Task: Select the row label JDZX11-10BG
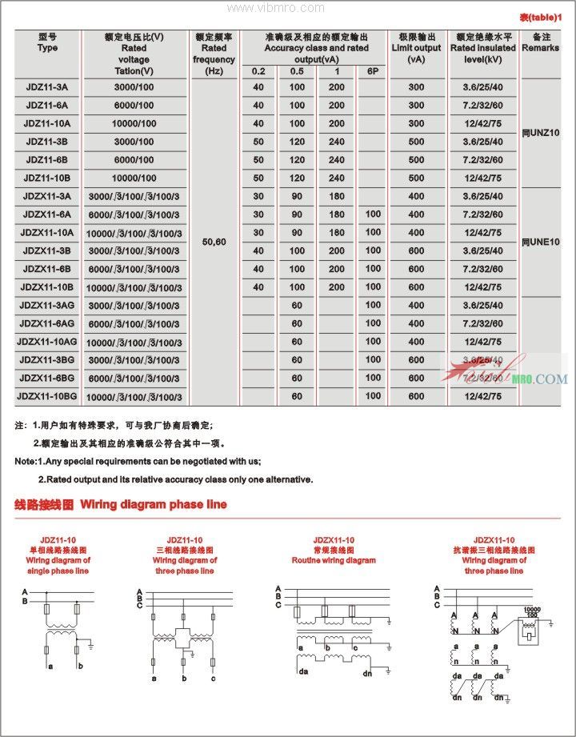tap(47, 396)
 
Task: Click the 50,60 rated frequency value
tap(214, 241)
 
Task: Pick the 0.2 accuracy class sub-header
tap(258, 72)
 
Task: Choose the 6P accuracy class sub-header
tap(372, 72)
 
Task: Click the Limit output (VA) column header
tap(416, 48)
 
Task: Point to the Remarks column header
tap(540, 42)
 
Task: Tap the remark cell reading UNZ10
tap(540, 132)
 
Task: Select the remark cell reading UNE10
tap(540, 242)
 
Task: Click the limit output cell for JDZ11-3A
tap(416, 87)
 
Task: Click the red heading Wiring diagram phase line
tap(120, 505)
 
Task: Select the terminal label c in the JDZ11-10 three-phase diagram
tap(213, 679)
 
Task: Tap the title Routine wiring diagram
tap(334, 561)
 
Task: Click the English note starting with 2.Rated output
tap(175, 479)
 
